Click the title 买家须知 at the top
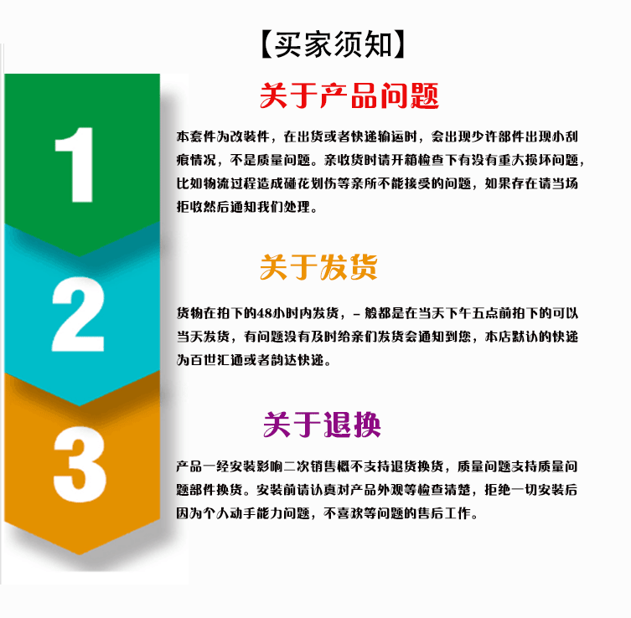click(334, 44)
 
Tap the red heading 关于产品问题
click(349, 95)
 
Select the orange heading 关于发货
click(318, 267)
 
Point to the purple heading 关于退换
click(322, 425)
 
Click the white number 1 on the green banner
click(75, 164)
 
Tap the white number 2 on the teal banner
click(78, 314)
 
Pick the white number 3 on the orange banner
click(80, 465)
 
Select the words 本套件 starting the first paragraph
click(196, 136)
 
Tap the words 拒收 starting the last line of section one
click(190, 207)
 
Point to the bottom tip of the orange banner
click(80, 554)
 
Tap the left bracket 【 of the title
click(267, 44)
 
